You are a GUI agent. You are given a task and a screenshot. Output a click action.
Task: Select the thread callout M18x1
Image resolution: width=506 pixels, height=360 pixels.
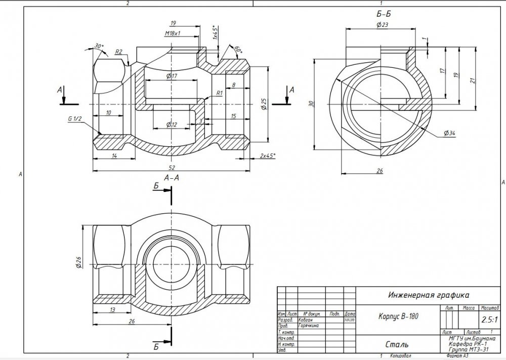tap(173, 33)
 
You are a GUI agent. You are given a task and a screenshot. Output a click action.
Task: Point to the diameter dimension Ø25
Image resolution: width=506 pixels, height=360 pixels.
tap(264, 103)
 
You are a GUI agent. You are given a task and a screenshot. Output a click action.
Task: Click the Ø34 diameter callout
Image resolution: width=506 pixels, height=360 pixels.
tap(449, 133)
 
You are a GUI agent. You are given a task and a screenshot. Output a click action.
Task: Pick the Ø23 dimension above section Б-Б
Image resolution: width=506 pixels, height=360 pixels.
tap(382, 24)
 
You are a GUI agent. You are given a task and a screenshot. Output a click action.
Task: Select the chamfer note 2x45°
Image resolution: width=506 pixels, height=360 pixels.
tap(267, 155)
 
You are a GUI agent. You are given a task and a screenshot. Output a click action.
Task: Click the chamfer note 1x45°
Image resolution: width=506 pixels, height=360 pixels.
tap(215, 33)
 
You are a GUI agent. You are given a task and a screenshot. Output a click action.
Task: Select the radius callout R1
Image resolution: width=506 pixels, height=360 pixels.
tap(219, 93)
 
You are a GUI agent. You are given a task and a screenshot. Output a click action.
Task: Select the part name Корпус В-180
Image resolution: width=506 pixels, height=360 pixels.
tap(399, 316)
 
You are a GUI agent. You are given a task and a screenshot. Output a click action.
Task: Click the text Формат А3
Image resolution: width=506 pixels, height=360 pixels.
tap(459, 356)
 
